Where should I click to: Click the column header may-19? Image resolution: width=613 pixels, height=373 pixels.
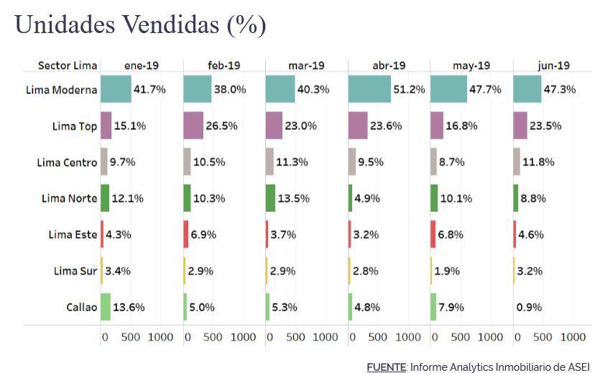coord(471,65)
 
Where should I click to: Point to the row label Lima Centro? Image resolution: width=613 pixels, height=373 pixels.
coord(66,162)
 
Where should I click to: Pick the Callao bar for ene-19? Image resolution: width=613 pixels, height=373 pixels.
coord(106,307)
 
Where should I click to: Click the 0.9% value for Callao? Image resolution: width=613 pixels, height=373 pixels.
coord(528,307)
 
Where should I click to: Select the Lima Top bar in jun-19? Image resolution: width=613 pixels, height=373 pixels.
coord(520,126)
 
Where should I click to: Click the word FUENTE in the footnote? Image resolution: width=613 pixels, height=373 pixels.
coord(386,367)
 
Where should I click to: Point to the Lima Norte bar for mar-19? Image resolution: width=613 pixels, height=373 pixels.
coord(270,198)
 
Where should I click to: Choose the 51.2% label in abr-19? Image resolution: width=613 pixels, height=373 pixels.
coord(409,90)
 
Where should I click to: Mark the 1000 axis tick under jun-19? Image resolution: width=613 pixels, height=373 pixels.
coord(572,336)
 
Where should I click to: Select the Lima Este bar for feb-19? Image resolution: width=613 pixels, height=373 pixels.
coord(185,235)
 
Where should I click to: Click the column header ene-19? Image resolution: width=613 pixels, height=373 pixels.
coord(141,65)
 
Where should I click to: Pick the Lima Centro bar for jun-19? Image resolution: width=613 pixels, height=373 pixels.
coord(517,162)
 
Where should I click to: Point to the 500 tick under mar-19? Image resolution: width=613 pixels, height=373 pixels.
coord(295,336)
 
